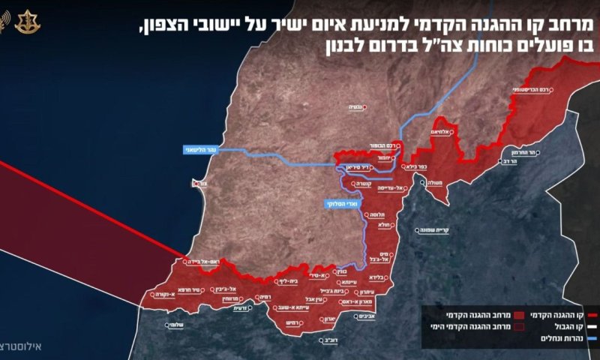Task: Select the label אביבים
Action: pos(357,316)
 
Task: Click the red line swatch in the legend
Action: pos(591,316)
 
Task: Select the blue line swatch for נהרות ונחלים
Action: pos(591,338)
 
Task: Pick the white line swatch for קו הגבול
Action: pos(591,327)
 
